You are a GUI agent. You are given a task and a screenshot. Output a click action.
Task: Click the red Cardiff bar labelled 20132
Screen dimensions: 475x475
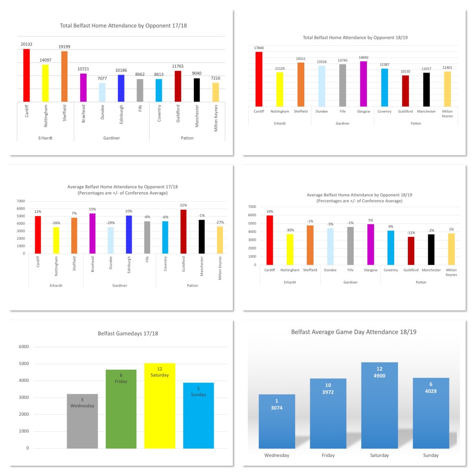pos(26,75)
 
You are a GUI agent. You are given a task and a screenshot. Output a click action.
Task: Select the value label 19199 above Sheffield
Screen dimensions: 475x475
pos(64,47)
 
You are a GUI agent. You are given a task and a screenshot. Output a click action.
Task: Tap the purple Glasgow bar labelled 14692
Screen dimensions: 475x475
pos(363,84)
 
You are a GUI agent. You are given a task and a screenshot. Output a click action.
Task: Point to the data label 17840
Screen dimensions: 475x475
pos(259,47)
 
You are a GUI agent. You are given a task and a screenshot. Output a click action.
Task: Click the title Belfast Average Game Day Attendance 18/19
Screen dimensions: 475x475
pos(353,332)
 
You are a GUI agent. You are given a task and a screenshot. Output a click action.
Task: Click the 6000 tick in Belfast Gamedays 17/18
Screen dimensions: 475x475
pos(24,347)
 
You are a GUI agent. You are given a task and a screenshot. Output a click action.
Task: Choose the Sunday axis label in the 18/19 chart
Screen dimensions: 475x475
pos(430,456)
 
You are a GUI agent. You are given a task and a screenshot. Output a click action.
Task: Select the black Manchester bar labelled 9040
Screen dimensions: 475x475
pos(197,90)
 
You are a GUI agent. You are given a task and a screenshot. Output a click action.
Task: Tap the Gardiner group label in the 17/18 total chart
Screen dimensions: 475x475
pos(111,138)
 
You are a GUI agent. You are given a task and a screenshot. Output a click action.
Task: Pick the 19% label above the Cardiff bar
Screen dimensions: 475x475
pos(270,212)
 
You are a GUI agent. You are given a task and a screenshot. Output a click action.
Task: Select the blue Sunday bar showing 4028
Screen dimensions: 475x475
pos(430,413)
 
